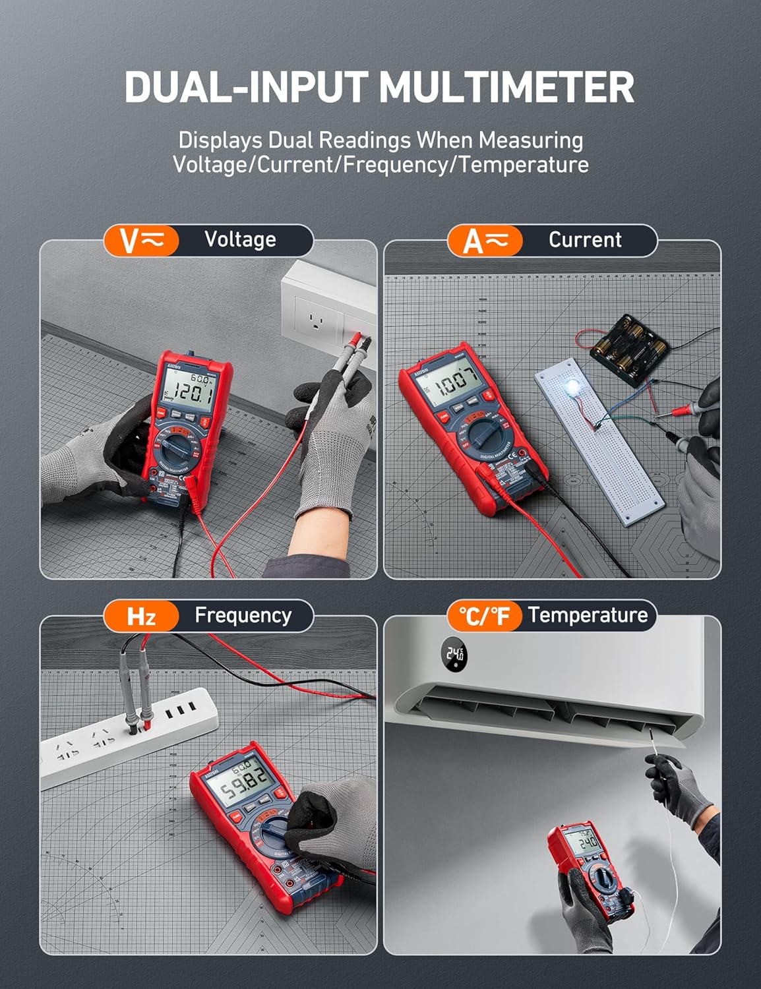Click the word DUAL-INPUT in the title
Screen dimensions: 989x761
[x=246, y=86]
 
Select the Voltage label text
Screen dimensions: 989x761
[x=240, y=239]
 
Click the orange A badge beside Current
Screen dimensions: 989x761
[x=485, y=241]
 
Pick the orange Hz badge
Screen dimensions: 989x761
[x=141, y=616]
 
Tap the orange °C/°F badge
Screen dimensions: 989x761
[x=485, y=616]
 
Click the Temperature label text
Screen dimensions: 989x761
[x=588, y=615]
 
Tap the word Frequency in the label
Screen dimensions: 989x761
[x=243, y=615]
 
